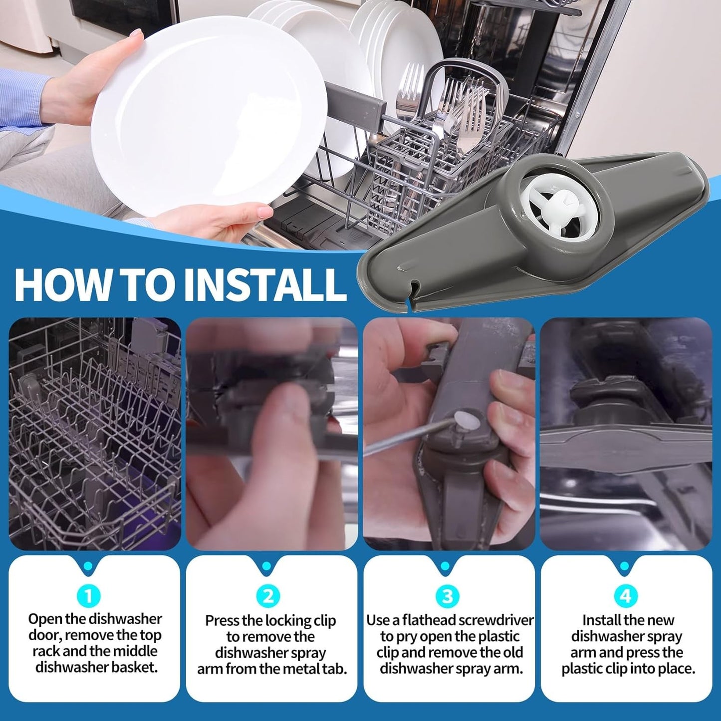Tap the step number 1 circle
(89, 596)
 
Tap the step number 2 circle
(268, 596)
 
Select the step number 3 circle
(447, 596)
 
